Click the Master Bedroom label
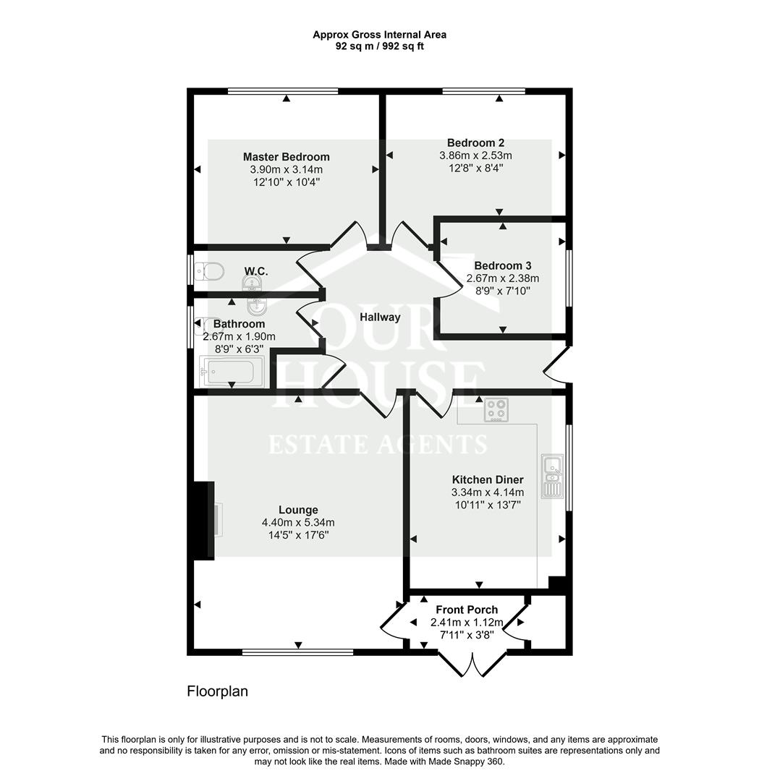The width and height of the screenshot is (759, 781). tap(286, 157)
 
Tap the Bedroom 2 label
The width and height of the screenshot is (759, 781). tap(475, 142)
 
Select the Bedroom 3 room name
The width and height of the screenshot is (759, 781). tap(503, 265)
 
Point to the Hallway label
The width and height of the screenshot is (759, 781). tap(380, 317)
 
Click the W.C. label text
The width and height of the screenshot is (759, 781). tap(255, 271)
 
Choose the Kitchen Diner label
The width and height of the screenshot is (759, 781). tap(487, 479)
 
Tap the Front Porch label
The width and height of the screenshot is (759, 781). tap(467, 610)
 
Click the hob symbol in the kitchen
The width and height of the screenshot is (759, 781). tap(496, 410)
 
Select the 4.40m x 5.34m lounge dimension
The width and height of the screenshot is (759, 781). tap(297, 523)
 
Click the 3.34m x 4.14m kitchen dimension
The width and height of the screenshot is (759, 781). tap(487, 492)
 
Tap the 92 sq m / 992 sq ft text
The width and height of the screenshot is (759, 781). tap(379, 46)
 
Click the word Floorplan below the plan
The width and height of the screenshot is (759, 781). tap(217, 691)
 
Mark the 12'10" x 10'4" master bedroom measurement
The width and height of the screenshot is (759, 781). tap(286, 182)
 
